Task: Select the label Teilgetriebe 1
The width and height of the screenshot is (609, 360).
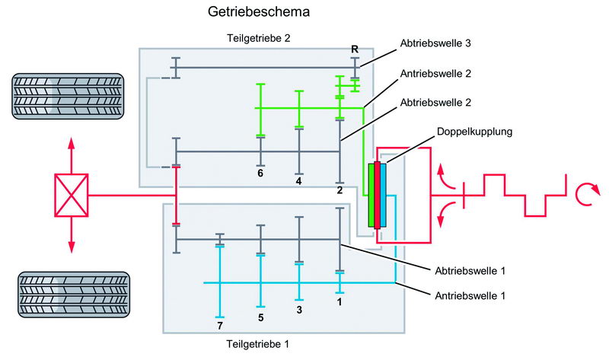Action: (x=259, y=344)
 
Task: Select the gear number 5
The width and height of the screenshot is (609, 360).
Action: (x=260, y=317)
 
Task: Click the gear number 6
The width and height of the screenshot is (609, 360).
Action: (x=260, y=174)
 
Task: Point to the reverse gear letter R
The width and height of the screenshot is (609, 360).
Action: (x=355, y=49)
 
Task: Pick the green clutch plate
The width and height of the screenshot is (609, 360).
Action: (x=371, y=196)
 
